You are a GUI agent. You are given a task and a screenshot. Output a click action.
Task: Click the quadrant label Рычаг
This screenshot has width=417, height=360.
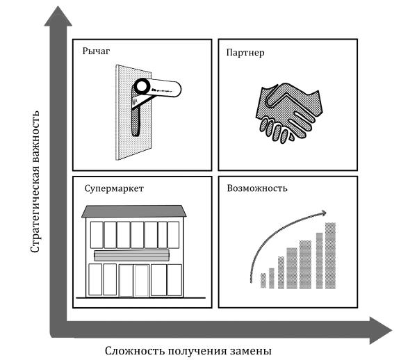point(97,52)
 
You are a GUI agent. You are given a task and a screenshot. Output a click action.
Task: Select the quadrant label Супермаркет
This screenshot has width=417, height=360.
point(113,188)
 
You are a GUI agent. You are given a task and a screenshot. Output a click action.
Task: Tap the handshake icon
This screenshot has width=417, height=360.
point(286,111)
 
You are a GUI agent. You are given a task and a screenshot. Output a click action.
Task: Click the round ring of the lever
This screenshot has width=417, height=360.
point(142,87)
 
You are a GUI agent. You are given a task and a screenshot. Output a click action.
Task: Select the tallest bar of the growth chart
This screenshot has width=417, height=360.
point(331,255)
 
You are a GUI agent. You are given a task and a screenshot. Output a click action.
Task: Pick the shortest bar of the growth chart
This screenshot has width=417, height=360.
point(263,280)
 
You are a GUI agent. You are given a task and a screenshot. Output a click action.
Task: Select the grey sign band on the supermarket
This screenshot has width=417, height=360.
point(132,254)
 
